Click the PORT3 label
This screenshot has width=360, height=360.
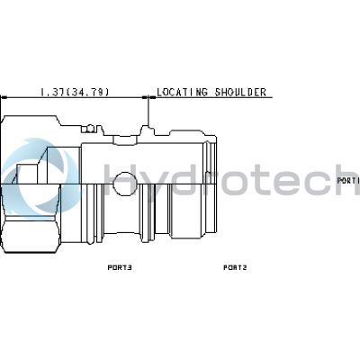[120, 267]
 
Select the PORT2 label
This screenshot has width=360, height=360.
[235, 267]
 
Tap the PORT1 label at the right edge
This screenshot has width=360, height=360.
[348, 181]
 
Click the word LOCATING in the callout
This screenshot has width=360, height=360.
[182, 92]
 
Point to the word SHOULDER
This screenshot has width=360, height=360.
[240, 92]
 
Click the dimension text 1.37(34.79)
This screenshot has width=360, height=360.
[75, 92]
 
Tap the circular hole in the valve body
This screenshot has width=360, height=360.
[125, 184]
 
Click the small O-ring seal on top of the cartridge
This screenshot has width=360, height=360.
[89, 129]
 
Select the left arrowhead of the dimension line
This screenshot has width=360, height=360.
[4, 97]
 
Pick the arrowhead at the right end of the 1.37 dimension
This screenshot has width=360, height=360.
[145, 97]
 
